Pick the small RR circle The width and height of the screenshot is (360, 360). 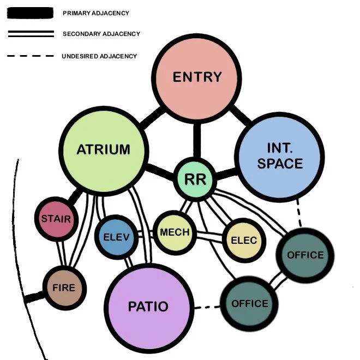pyautogui.click(x=195, y=179)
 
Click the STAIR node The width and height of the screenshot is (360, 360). pyautogui.click(x=56, y=219)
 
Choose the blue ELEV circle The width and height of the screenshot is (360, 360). pyautogui.click(x=116, y=237)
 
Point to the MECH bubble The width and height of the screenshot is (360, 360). pyautogui.click(x=175, y=232)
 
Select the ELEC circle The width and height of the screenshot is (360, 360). pyautogui.click(x=243, y=241)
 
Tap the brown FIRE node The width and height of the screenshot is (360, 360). pyautogui.click(x=64, y=287)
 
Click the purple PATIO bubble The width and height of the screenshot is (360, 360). pyautogui.click(x=148, y=307)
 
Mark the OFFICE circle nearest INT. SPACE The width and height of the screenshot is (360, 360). pyautogui.click(x=305, y=255)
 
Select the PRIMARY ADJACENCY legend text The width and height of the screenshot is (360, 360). pyautogui.click(x=96, y=13)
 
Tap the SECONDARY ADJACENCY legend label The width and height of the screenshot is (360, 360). pyautogui.click(x=101, y=34)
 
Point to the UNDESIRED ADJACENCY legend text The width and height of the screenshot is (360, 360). pyautogui.click(x=99, y=56)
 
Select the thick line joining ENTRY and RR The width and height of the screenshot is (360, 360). pyautogui.click(x=197, y=140)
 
